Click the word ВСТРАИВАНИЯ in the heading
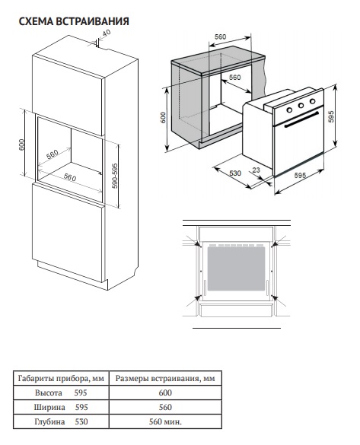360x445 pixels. click(92, 21)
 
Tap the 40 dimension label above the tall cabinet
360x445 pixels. click(106, 33)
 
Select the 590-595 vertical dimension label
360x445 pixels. click(115, 176)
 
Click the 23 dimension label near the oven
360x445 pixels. click(256, 170)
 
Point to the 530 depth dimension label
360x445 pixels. click(235, 173)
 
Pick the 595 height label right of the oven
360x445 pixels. click(331, 116)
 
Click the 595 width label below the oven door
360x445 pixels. click(300, 175)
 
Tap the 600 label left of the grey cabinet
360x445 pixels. click(163, 117)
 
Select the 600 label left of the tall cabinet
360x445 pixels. click(22, 145)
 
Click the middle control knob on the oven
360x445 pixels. click(301, 106)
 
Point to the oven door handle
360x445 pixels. click(301, 119)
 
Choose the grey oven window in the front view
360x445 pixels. click(236, 269)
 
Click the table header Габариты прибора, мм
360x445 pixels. click(61, 378)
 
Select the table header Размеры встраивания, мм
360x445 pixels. click(165, 378)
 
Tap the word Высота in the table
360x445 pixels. click(49, 393)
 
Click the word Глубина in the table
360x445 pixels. click(49, 421)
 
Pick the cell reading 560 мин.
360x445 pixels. click(165, 421)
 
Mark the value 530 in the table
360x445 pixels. click(81, 421)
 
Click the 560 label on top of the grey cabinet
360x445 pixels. click(220, 37)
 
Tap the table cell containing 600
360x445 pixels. click(165, 393)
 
